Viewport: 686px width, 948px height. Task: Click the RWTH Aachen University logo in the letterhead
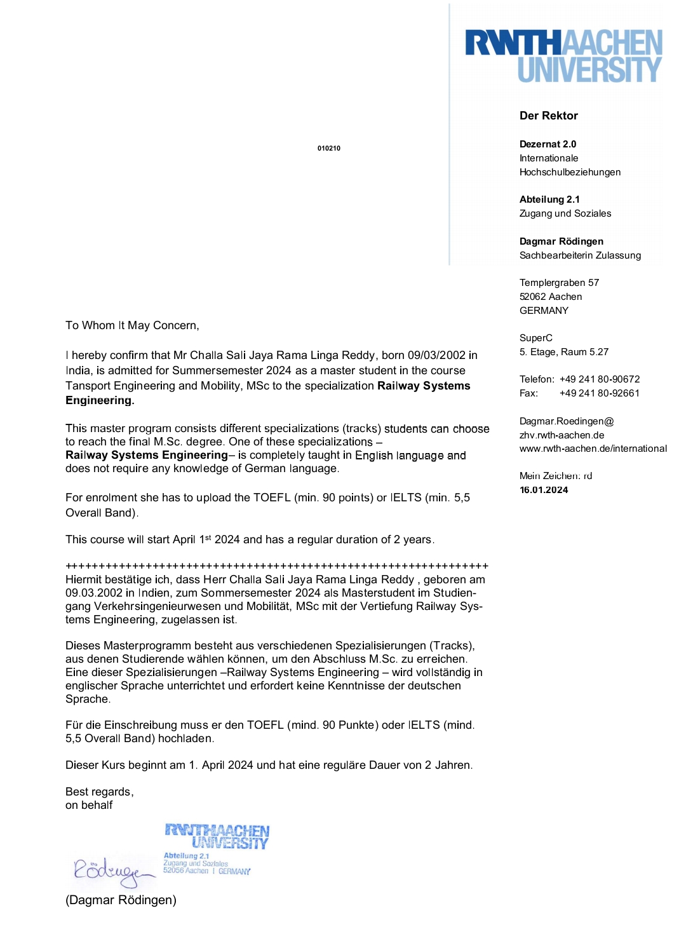563,55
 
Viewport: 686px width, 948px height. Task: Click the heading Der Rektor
548,116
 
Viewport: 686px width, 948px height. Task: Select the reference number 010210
329,148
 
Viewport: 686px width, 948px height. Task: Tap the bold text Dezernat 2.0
548,144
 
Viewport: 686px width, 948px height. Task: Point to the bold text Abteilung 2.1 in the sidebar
549,200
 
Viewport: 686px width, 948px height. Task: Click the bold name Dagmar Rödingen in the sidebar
562,241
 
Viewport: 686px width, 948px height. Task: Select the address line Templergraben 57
559,283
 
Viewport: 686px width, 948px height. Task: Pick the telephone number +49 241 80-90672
600,379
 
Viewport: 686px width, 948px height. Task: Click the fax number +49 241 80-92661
600,393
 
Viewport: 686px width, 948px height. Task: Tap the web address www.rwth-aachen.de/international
593,449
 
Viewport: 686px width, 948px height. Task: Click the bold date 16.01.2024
544,490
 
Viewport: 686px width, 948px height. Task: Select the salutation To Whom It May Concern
132,325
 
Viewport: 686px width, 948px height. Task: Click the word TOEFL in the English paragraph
272,498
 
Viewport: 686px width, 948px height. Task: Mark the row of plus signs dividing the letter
277,565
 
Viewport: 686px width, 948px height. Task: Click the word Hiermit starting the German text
86,579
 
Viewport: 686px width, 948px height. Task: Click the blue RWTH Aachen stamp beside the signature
216,849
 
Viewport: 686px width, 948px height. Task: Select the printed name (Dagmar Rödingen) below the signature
121,900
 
